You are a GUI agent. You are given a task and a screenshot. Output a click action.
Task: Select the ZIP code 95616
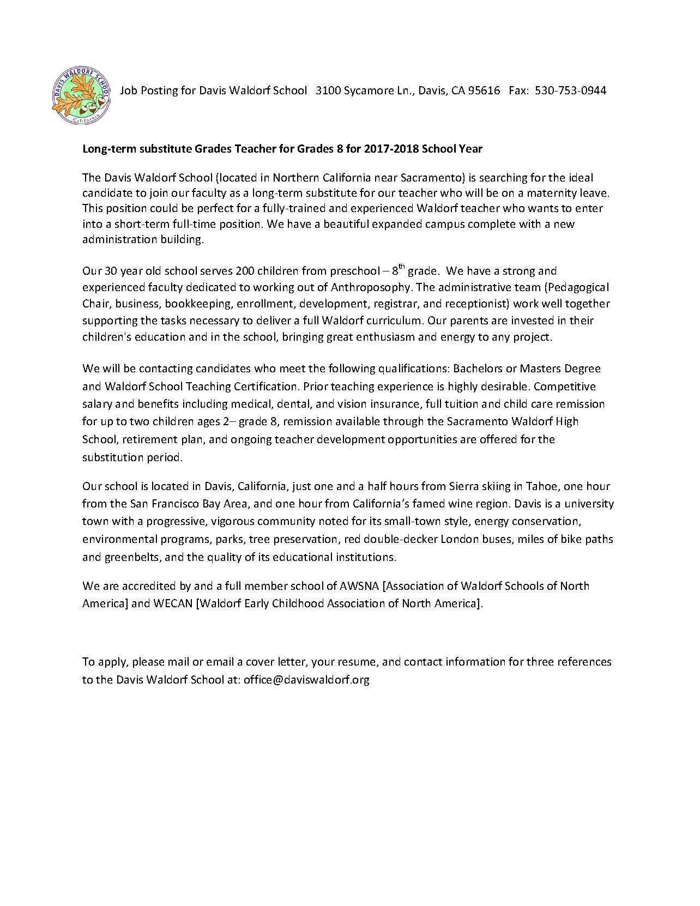484,90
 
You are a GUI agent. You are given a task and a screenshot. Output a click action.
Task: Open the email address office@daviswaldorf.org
306,680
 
